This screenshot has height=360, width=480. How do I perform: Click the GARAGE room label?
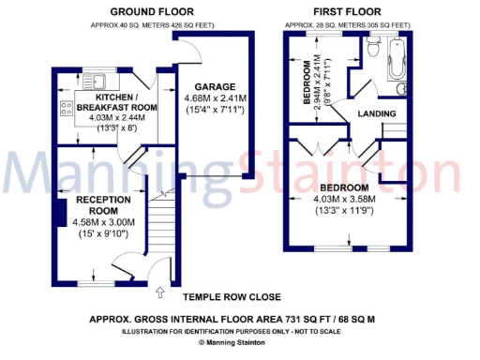[x=215, y=86]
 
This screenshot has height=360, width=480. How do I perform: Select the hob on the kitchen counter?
[x=66, y=107]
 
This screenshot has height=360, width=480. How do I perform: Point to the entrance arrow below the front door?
[x=160, y=292]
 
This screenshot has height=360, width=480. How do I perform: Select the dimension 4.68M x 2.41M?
[x=215, y=98]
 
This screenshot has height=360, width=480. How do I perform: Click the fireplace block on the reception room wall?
[x=58, y=208]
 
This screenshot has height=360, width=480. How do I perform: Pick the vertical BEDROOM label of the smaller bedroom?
[x=307, y=83]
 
